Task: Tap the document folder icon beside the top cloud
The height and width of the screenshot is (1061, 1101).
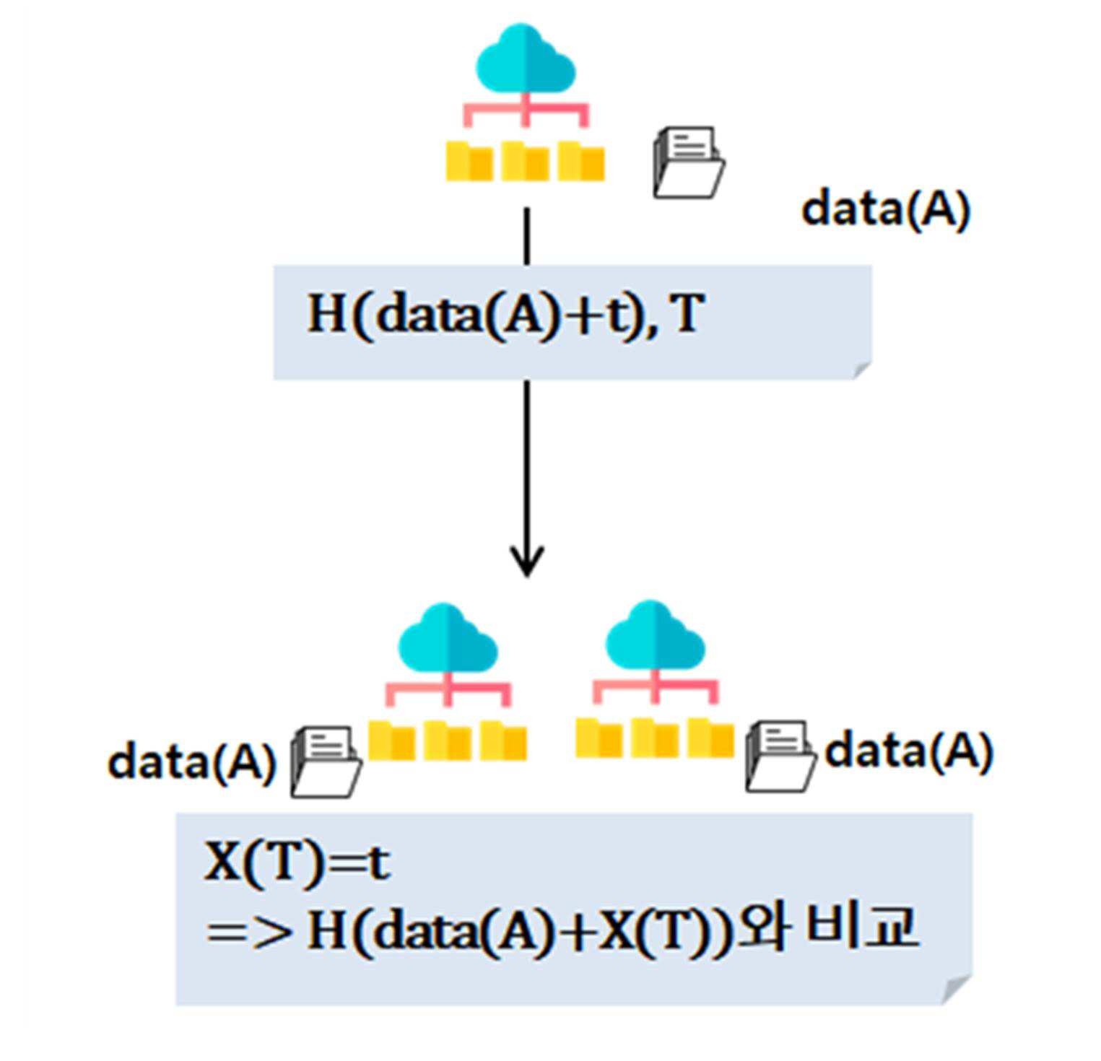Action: tap(689, 162)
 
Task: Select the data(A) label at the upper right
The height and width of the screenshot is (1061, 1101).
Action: tap(886, 209)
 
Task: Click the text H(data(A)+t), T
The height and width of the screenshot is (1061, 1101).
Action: tap(505, 315)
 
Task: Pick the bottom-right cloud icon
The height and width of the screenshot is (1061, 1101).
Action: tap(655, 635)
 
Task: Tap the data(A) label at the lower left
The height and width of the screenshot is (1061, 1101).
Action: tap(191, 761)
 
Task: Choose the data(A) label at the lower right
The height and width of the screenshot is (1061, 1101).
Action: tap(909, 751)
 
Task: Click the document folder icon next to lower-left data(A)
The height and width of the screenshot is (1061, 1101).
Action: tap(326, 762)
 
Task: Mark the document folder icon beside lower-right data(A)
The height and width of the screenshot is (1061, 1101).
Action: tap(781, 756)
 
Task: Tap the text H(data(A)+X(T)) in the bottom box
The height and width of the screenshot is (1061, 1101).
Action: tap(520, 932)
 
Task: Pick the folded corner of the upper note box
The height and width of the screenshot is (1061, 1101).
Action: tap(863, 370)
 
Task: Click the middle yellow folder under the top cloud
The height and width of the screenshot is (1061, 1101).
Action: tap(525, 161)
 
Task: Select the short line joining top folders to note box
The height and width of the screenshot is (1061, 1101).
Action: tap(527, 237)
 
